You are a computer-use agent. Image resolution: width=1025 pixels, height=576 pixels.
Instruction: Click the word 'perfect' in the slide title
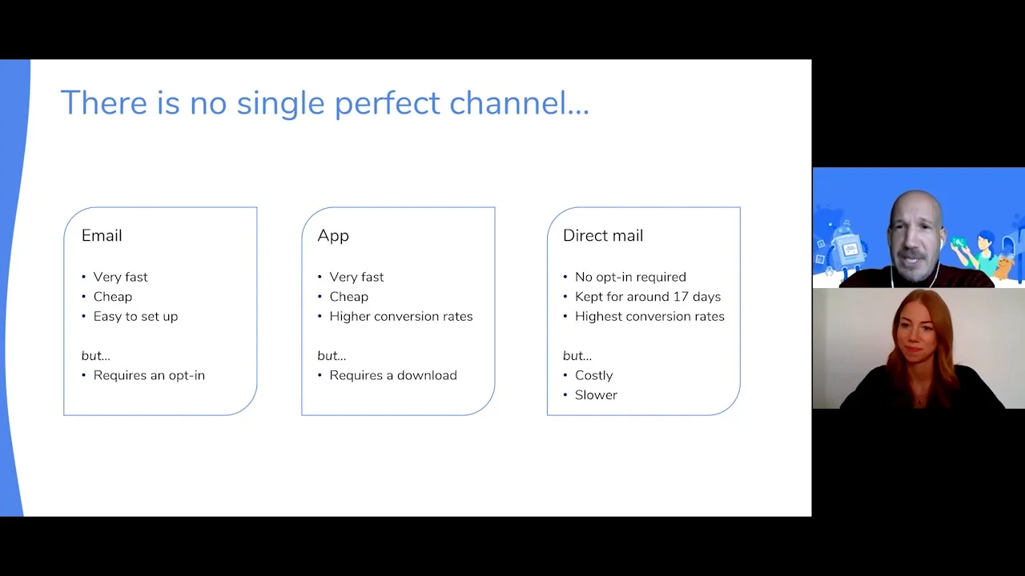387,104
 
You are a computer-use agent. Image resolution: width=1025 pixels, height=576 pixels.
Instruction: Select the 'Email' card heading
102,235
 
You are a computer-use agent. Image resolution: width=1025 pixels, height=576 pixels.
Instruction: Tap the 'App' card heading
333,236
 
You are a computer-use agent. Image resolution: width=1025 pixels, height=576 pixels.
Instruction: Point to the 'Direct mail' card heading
603,235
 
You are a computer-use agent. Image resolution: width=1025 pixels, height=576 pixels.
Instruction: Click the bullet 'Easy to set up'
135,316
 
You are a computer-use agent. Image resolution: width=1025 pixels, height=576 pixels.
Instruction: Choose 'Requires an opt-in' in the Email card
149,375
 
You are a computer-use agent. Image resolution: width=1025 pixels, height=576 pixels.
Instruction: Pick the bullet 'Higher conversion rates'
401,316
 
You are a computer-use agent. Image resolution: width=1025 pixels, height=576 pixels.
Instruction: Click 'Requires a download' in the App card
393,375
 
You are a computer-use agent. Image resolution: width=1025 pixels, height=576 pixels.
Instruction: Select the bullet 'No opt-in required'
630,277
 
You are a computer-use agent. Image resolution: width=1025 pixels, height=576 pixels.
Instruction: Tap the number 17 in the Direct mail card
681,297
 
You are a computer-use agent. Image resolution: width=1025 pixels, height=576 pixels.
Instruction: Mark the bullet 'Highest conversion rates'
649,316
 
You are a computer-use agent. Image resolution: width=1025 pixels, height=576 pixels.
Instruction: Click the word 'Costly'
594,375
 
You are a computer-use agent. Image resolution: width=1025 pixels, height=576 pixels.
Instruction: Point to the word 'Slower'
597,395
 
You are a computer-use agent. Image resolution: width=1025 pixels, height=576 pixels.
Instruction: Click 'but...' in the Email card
95,356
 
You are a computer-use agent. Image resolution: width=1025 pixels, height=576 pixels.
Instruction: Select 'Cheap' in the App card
348,297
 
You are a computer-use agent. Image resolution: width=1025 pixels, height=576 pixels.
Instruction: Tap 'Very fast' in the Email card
120,277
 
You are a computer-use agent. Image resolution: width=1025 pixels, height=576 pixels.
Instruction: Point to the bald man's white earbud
941,244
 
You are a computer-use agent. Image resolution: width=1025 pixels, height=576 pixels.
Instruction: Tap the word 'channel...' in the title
520,102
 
